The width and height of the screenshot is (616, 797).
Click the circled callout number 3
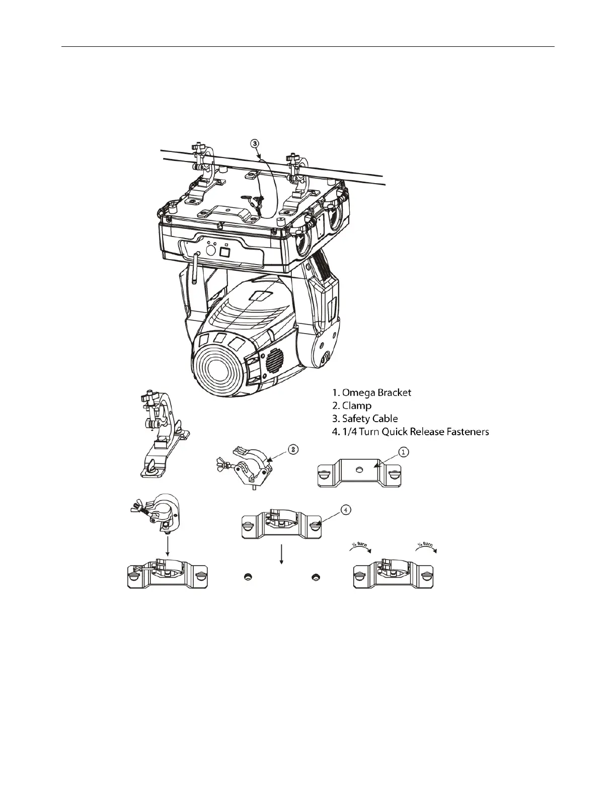(x=255, y=143)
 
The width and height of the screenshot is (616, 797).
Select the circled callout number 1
(x=404, y=452)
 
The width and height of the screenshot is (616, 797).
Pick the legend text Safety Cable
(x=370, y=419)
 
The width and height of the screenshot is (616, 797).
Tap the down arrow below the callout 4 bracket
(x=282, y=552)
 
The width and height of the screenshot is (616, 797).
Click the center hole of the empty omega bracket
(x=358, y=469)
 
